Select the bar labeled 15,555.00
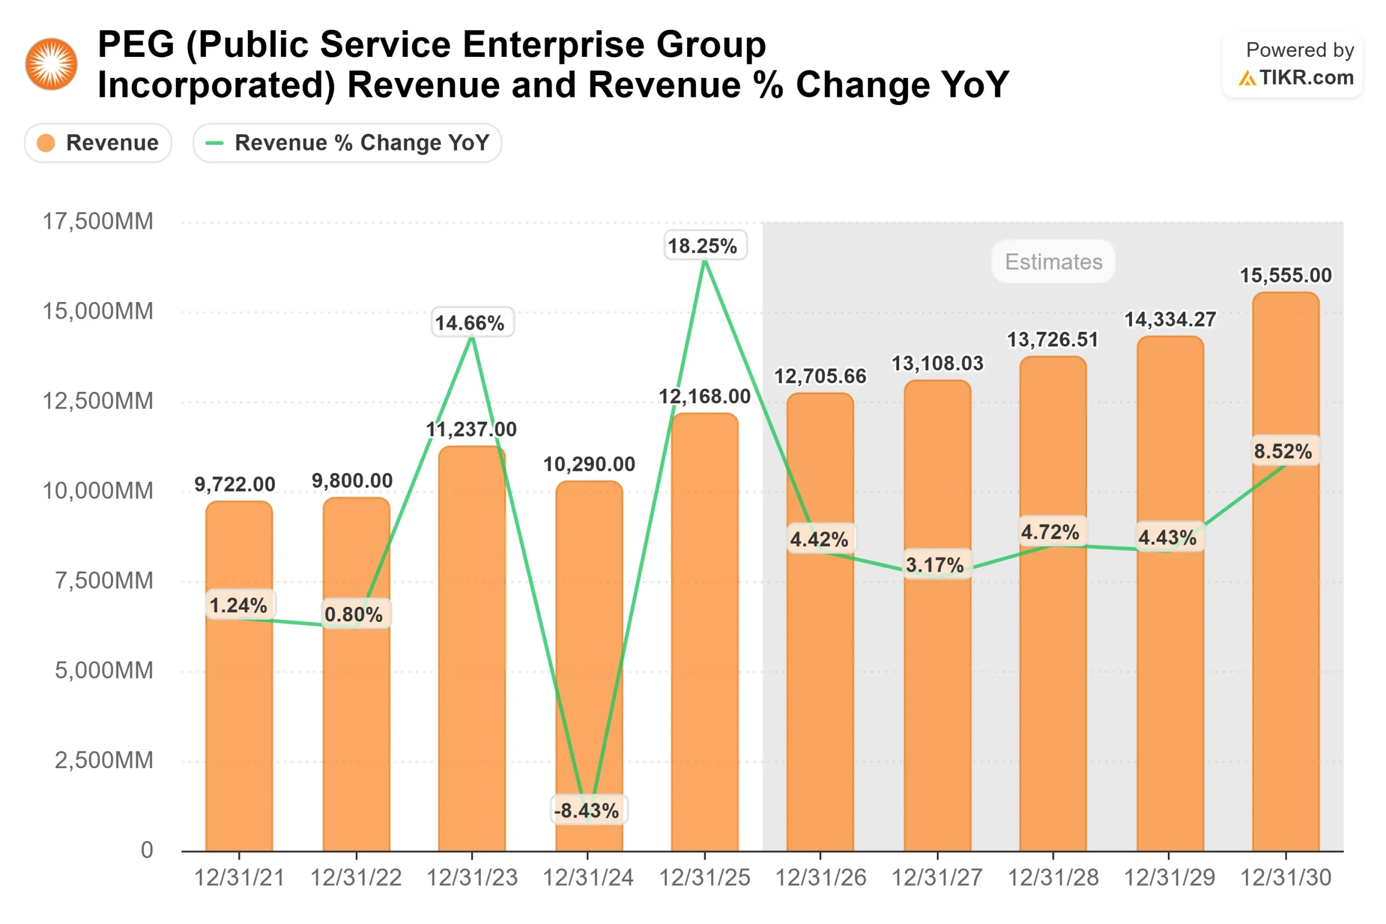pos(1285,589)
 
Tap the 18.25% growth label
pos(705,246)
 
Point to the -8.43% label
pos(589,810)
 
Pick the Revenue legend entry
pos(98,142)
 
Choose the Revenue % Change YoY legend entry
pos(347,142)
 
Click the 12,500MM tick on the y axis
pos(98,401)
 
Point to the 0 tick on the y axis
pos(147,850)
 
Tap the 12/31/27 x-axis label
pos(937,877)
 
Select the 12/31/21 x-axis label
pos(239,877)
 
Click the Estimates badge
pos(1053,261)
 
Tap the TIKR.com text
pos(1306,78)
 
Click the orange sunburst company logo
pos(51,64)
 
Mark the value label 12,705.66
pos(820,376)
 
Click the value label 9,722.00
pos(234,484)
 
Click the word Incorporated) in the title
pos(215,85)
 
